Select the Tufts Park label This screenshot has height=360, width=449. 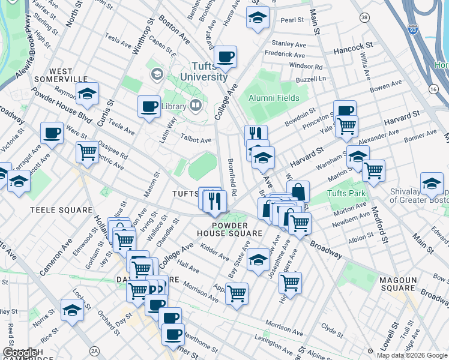point(346,194)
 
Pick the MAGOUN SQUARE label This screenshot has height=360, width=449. point(403,284)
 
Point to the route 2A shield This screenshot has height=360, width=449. point(94,350)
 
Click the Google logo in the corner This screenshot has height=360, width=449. point(20,353)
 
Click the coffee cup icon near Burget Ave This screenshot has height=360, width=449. point(226,57)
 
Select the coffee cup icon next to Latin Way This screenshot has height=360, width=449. point(149,107)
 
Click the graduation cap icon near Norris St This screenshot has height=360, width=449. point(72,311)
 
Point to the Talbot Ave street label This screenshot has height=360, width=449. point(197,140)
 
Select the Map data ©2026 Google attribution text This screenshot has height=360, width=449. point(411,355)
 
